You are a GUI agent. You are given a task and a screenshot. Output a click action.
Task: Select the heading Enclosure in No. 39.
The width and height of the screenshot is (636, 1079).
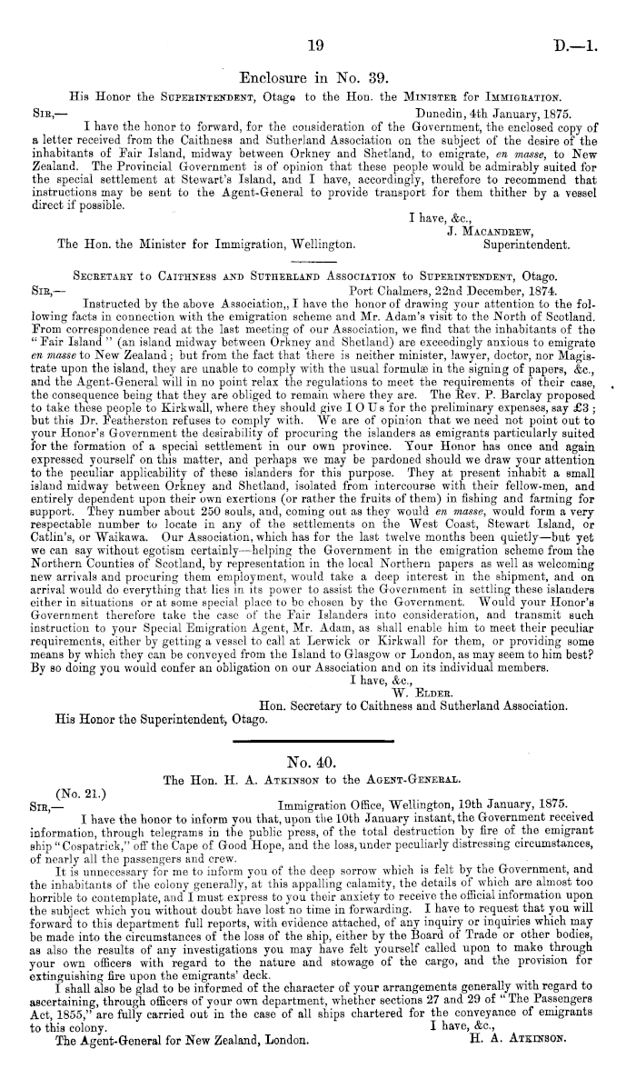315,78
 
